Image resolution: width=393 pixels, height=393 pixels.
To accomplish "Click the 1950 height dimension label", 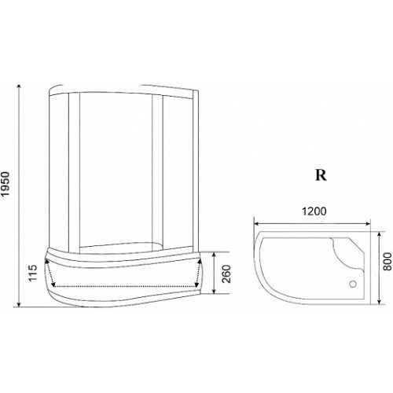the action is [6, 184].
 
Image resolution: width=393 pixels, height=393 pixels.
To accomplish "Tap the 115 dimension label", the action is [33, 273].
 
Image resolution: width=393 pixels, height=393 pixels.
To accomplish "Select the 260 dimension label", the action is [227, 274].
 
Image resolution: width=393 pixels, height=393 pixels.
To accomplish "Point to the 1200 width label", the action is [314, 211].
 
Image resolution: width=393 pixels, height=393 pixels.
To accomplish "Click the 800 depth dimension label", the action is [387, 262].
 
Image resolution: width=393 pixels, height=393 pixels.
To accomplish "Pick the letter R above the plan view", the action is [321, 175].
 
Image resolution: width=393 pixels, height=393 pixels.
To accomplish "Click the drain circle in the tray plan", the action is [354, 284].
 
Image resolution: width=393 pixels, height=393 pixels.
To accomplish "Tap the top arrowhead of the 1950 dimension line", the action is [19, 87].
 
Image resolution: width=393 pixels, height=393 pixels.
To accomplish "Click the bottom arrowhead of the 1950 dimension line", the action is [19, 304].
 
